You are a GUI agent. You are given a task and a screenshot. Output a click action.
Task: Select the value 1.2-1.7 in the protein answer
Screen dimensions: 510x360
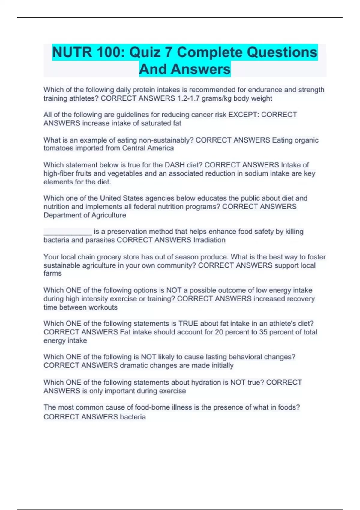tap(188, 98)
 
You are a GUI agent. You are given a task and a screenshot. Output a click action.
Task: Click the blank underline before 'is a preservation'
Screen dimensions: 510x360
tap(67, 232)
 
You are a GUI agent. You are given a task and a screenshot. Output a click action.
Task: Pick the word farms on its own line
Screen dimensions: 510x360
tap(52, 274)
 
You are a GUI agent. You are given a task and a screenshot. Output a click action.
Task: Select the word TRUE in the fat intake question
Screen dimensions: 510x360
tap(188, 324)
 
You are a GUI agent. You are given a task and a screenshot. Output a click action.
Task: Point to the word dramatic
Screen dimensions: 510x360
tap(134, 366)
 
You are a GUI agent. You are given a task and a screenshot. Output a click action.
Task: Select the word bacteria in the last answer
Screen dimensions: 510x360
tap(133, 417)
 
